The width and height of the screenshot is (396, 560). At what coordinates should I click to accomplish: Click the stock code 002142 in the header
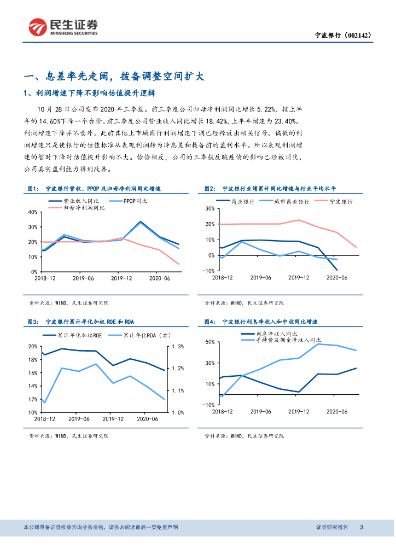click(358, 35)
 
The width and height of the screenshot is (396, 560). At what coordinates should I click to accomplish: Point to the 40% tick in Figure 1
click(32, 212)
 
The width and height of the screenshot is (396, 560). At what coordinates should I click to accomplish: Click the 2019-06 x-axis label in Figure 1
click(85, 278)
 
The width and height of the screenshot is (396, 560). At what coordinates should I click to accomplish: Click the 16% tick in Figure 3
click(32, 373)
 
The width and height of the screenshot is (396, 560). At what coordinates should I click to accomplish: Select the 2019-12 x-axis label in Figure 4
click(299, 411)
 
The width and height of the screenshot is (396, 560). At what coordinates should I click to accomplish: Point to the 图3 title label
click(33, 322)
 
